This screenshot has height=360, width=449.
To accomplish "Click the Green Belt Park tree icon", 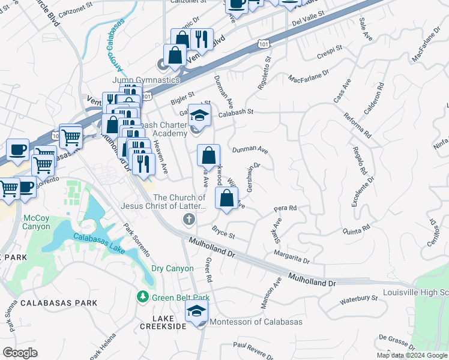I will pyautogui.click(x=143, y=297).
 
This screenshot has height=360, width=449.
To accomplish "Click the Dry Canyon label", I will pyautogui.click(x=172, y=269).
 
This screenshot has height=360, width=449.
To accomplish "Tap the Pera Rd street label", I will pyautogui.click(x=286, y=209).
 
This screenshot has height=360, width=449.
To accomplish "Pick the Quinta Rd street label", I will pyautogui.click(x=356, y=230).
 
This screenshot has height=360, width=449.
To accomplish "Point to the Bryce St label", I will pyautogui.click(x=223, y=231).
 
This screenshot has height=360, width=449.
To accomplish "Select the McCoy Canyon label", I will pyautogui.click(x=37, y=222).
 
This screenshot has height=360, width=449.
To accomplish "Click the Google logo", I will pyautogui.click(x=20, y=353).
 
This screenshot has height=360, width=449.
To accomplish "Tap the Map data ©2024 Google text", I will pyautogui.click(x=412, y=355).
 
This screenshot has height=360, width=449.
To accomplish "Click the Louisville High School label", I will pyautogui.click(x=423, y=293).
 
